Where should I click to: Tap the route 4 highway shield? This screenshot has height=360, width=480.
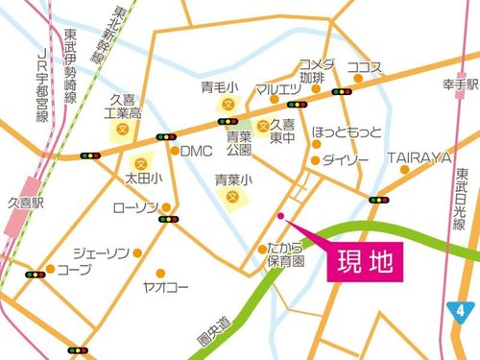[461, 310]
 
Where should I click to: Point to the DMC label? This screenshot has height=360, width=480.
[196, 151]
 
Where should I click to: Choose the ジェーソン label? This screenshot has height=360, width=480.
[101, 252]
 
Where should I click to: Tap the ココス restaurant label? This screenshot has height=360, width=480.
[365, 67]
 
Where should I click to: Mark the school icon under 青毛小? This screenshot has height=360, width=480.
[228, 103]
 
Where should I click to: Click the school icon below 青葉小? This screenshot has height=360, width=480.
[231, 196]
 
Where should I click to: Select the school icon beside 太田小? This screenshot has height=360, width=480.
[142, 162]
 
